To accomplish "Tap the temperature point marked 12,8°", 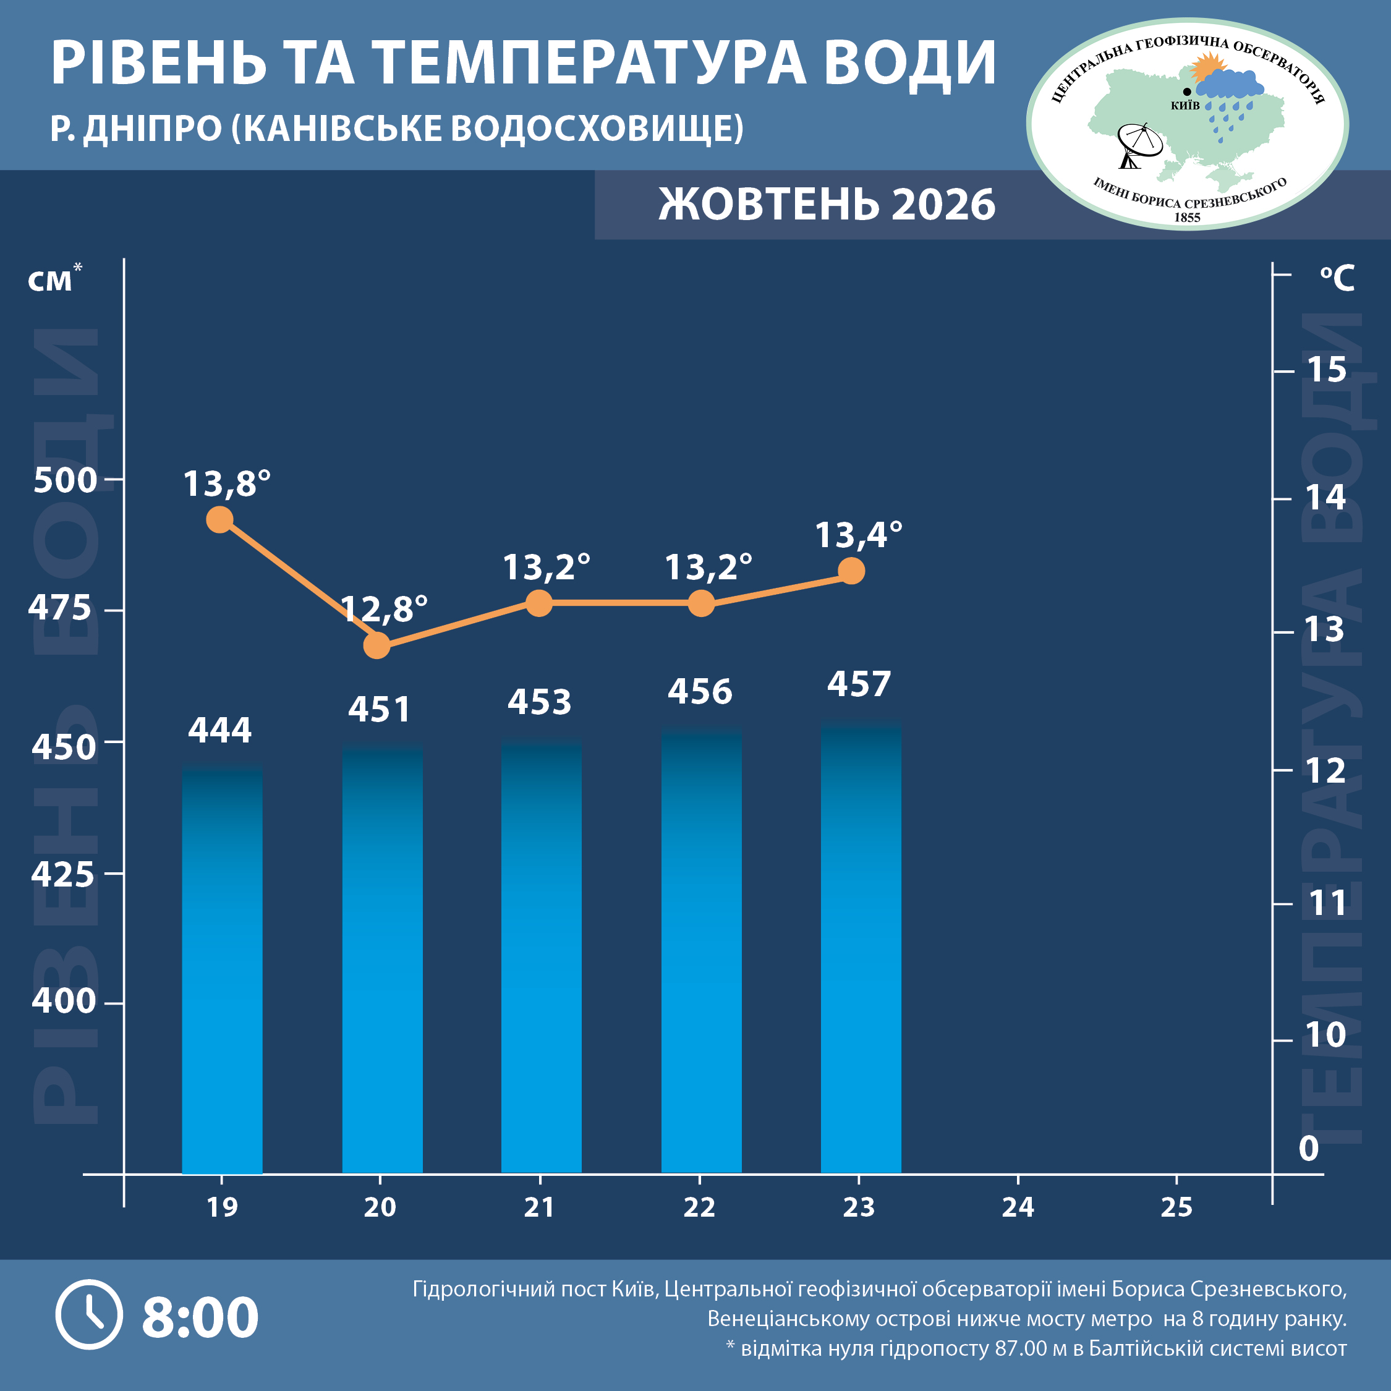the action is (x=376, y=645).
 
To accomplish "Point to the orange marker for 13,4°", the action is (x=852, y=571).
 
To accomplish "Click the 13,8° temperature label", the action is (x=227, y=484).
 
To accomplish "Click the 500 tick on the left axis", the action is (x=65, y=480).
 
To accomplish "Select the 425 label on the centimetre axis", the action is (x=62, y=875).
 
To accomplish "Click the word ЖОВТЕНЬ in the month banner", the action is (x=769, y=205).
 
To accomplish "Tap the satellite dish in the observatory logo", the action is (x=1138, y=145).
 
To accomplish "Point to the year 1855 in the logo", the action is (x=1187, y=217).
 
